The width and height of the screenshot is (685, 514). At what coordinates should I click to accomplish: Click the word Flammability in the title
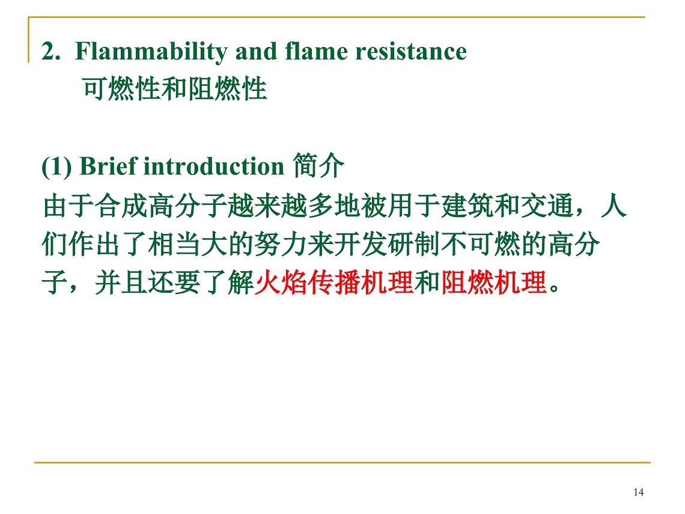point(151,52)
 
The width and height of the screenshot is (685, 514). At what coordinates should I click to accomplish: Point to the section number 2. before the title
point(50,52)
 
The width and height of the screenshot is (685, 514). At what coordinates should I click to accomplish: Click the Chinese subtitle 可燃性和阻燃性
point(174,88)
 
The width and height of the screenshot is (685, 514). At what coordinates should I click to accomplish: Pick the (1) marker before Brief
point(57,167)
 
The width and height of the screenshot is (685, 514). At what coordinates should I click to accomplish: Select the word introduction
point(214,167)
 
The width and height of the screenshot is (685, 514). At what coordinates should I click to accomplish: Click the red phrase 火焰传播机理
point(333,283)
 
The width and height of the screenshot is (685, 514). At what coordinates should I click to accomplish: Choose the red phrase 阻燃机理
point(494,283)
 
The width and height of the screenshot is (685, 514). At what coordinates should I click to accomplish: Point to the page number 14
point(638,492)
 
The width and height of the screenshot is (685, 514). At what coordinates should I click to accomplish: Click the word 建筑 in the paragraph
point(467,206)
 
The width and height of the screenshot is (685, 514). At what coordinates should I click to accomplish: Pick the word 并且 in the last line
point(121,283)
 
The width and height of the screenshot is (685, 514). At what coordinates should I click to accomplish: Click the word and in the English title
point(256,51)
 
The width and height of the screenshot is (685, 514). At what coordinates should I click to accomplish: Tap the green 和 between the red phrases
point(427,283)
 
